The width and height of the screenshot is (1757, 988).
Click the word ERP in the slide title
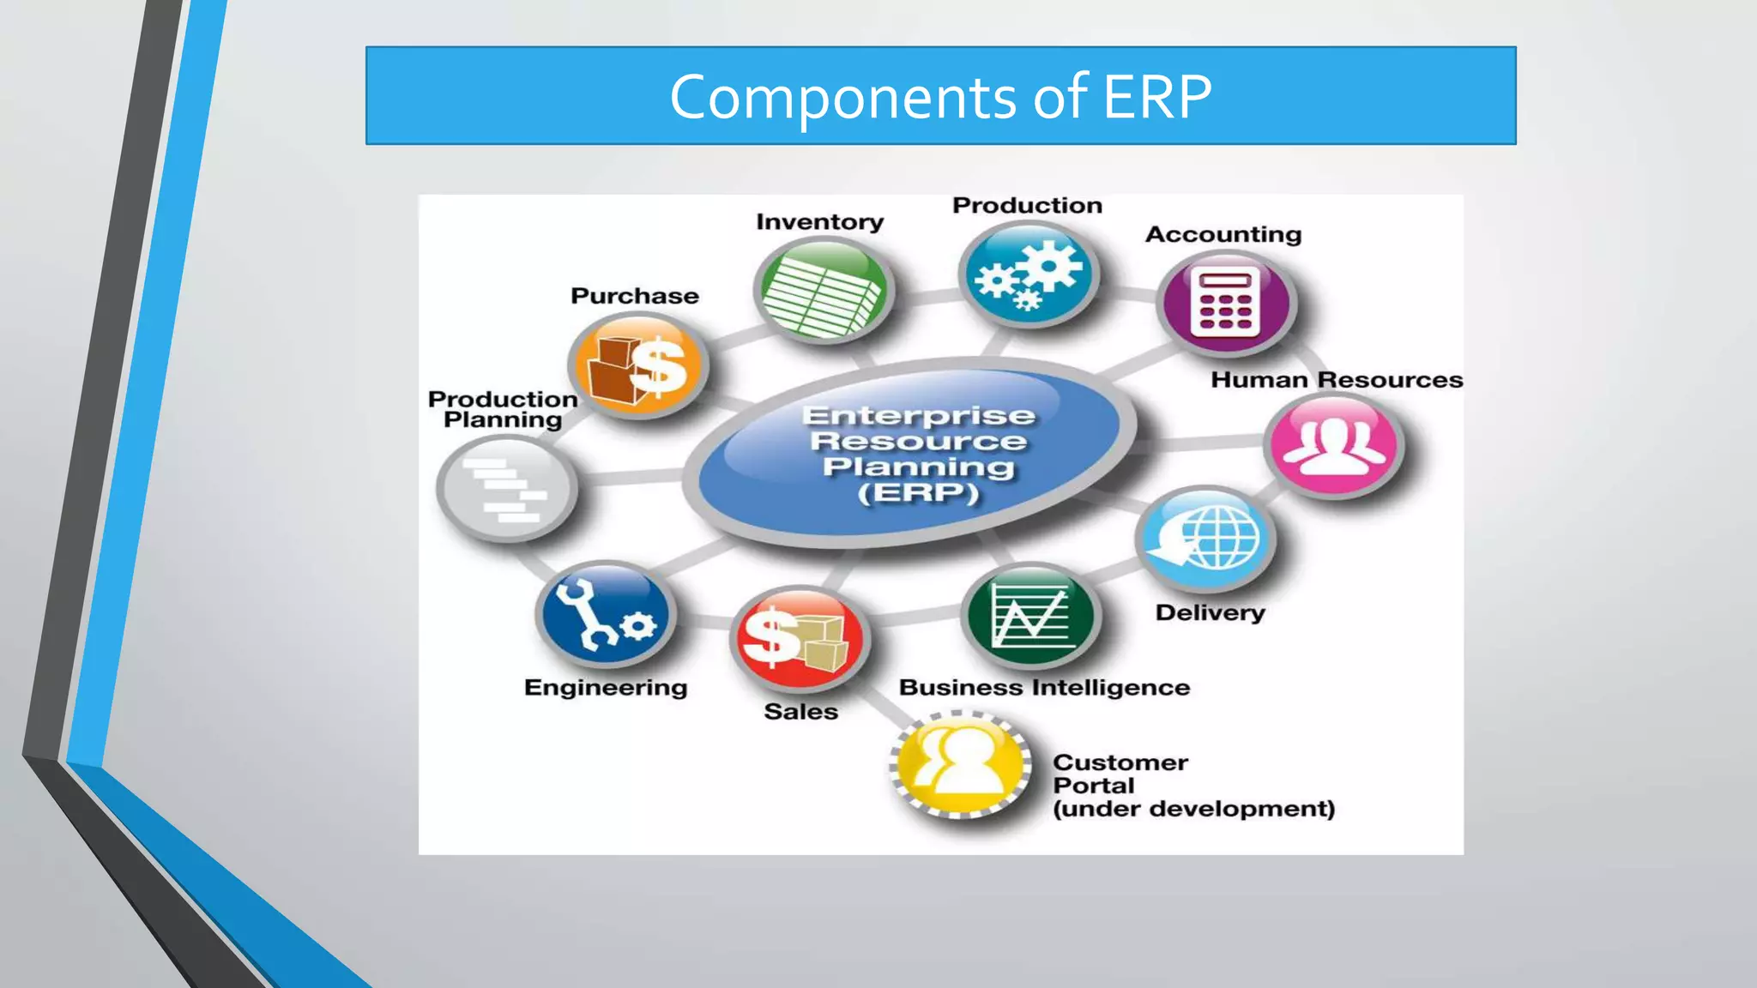tap(1156, 97)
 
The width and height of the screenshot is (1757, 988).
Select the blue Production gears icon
tap(1029, 274)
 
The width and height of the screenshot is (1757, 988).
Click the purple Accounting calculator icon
tap(1226, 303)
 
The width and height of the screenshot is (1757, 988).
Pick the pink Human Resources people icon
tap(1334, 446)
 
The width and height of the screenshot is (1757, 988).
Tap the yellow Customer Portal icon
tap(960, 764)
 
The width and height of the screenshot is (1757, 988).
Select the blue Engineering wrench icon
tap(605, 614)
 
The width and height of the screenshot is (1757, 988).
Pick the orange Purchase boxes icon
tap(637, 366)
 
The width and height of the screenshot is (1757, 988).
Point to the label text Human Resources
tap(1336, 380)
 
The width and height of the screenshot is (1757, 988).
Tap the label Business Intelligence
tap(1044, 688)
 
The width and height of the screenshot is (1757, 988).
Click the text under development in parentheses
tap(1193, 810)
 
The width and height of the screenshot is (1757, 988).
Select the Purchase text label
tap(635, 296)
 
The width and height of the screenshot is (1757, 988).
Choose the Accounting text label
tap(1223, 234)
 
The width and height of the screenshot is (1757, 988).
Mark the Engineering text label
tap(606, 688)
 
